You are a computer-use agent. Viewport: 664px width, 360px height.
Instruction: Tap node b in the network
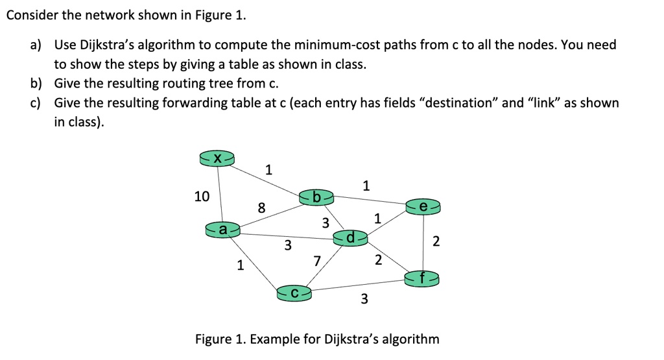tap(316, 196)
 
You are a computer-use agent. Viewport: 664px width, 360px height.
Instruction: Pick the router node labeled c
tap(294, 293)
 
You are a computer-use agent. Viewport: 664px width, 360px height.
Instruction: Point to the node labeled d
tap(350, 238)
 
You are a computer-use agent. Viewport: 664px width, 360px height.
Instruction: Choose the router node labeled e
tap(423, 206)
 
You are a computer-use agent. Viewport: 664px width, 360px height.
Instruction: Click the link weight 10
tap(202, 196)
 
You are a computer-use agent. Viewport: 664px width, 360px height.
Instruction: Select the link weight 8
tap(261, 208)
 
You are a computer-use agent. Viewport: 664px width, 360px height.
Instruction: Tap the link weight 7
tap(316, 261)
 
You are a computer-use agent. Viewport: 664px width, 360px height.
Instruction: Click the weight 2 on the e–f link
tap(436, 242)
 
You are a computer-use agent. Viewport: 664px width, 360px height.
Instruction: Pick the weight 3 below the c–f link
tap(364, 299)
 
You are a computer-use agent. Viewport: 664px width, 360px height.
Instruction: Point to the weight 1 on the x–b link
tap(270, 171)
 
